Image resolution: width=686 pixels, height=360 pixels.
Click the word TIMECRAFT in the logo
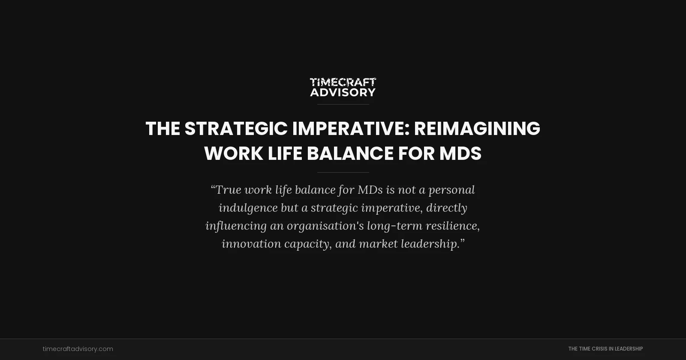(x=343, y=82)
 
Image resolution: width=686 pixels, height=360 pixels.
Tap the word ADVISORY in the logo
(x=343, y=92)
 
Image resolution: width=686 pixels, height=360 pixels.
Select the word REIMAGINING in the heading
(x=477, y=129)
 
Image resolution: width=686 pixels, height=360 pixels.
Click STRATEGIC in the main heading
(x=236, y=129)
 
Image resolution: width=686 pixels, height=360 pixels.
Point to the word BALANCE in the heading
(x=350, y=153)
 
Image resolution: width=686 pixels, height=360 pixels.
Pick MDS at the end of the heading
(x=460, y=153)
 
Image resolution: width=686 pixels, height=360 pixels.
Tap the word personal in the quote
(x=451, y=190)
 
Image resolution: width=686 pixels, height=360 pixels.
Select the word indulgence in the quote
(x=248, y=208)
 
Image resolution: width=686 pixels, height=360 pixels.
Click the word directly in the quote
(x=446, y=208)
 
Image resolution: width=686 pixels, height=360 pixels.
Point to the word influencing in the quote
(x=236, y=226)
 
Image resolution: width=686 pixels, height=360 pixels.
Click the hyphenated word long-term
(x=394, y=226)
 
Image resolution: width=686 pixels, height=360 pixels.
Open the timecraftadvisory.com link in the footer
(x=78, y=349)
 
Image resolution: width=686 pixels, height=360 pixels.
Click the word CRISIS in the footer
(x=602, y=349)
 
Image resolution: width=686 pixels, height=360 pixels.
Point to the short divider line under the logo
(x=343, y=104)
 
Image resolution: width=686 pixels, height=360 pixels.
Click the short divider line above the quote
(x=343, y=172)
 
